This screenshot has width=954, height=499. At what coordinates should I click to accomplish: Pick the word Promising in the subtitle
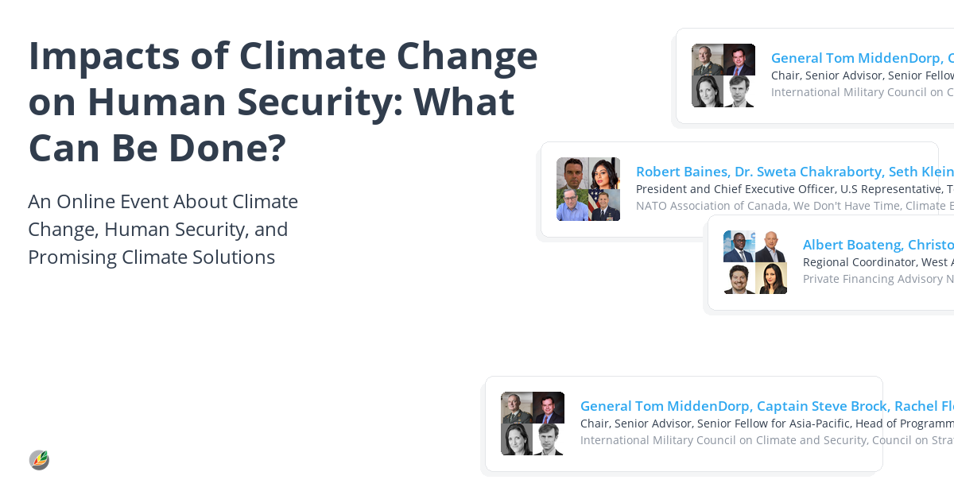[x=74, y=257]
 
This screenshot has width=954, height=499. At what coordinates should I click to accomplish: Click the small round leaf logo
[x=39, y=460]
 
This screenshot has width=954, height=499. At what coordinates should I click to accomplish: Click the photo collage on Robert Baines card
[x=588, y=189]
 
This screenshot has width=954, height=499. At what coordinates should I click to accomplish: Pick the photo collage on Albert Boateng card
[x=755, y=262]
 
